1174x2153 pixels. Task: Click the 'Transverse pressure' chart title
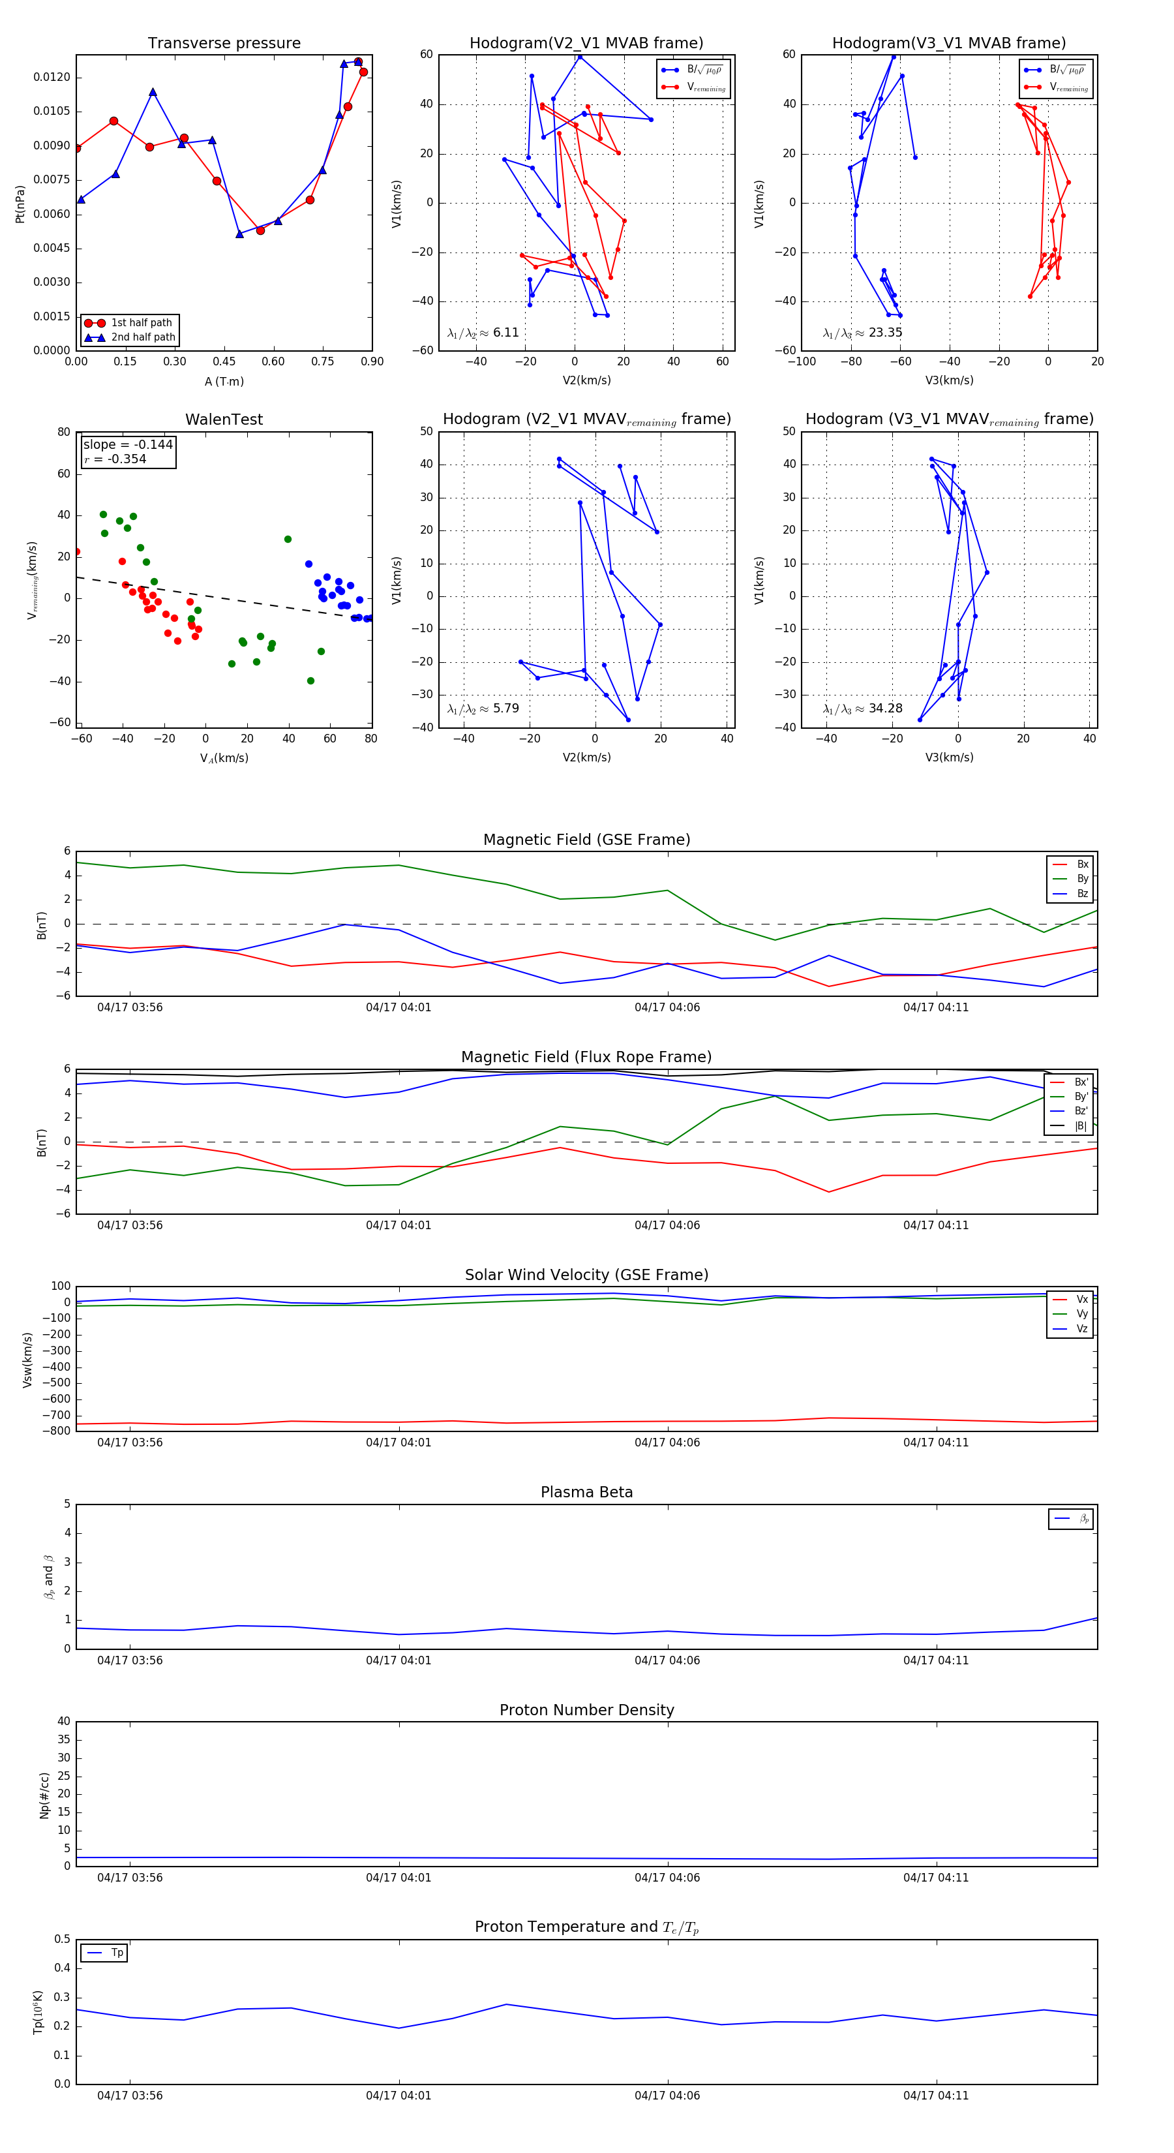tap(224, 44)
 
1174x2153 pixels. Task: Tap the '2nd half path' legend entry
tap(143, 338)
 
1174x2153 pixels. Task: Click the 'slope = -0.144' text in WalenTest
tap(128, 445)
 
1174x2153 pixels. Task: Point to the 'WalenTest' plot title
tap(224, 420)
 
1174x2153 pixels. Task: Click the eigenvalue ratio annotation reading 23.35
tap(862, 333)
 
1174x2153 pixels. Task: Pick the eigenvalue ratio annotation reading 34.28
tap(862, 709)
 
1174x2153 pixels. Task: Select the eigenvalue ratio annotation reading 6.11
tap(483, 333)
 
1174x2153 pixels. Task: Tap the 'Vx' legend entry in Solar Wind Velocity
tap(1082, 1300)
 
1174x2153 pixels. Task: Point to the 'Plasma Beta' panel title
tap(586, 1493)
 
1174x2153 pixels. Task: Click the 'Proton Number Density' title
tap(586, 1710)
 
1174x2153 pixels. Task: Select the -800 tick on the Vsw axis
tap(59, 1431)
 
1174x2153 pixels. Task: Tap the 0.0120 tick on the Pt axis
tap(52, 77)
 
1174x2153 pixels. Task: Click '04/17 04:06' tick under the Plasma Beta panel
tap(667, 1660)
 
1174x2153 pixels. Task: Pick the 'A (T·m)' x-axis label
tap(224, 382)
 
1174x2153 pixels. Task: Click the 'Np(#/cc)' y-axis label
tap(44, 1795)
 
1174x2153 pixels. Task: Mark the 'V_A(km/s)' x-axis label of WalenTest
tap(224, 758)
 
